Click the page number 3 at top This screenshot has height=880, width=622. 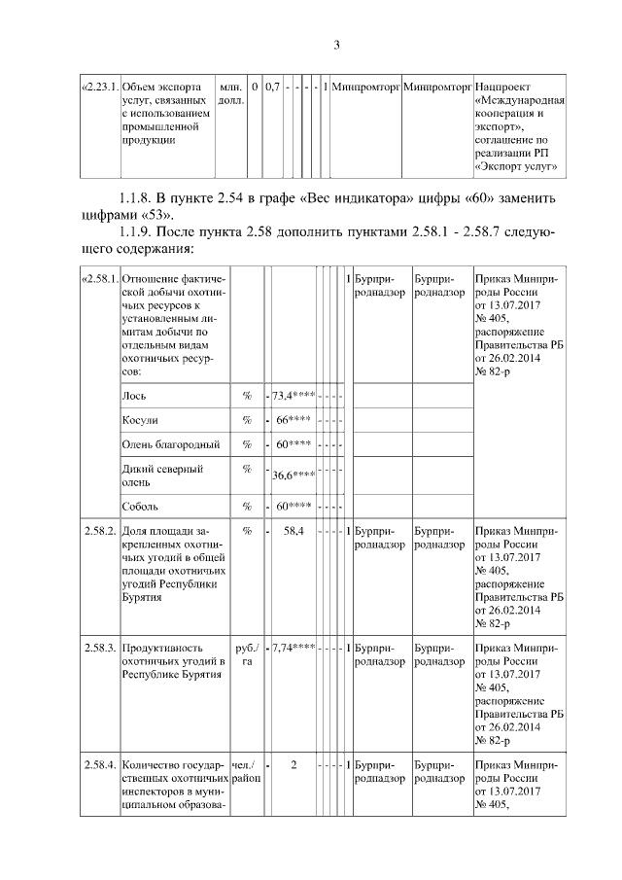337,44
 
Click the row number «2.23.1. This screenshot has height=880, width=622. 98,87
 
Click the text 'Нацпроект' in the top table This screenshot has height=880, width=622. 503,87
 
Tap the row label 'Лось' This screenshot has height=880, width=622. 134,396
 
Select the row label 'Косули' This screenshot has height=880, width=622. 140,420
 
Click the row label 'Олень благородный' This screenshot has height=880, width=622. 171,444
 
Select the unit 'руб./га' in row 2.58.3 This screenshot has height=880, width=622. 246,653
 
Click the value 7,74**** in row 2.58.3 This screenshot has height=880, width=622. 293,647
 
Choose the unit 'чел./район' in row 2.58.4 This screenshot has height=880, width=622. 247,771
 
